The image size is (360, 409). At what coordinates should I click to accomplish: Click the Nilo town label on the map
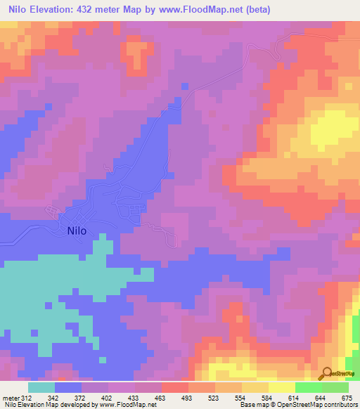[x=77, y=230]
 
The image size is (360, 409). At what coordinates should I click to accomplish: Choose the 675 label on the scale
[x=347, y=398]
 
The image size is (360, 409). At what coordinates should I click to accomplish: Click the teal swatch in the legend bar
[x=41, y=387]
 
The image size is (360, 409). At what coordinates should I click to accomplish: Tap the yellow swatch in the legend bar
[x=281, y=387]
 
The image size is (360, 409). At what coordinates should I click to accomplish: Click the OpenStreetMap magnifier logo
[x=326, y=374]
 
